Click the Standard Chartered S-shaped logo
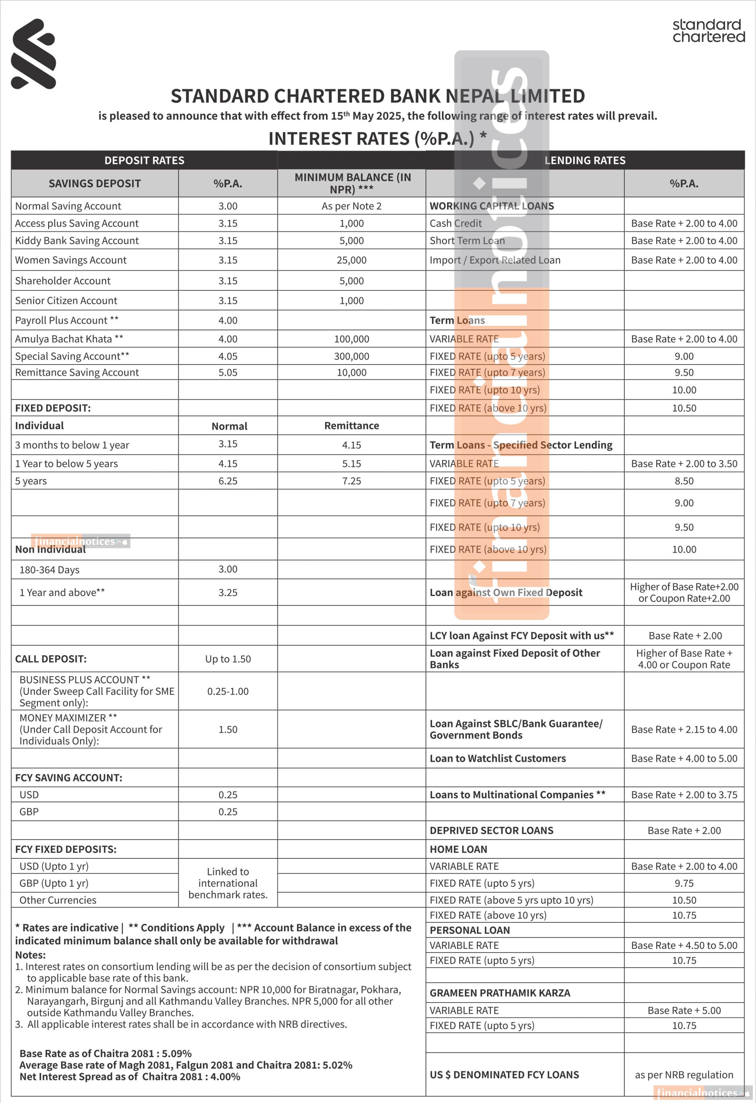click(33, 54)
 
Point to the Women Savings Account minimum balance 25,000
click(351, 260)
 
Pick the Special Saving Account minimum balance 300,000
click(351, 356)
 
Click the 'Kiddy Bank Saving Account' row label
click(77, 241)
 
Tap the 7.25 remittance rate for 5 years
click(351, 481)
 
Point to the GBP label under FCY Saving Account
click(29, 811)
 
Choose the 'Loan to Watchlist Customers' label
click(497, 758)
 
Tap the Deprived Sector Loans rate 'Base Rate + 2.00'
click(684, 830)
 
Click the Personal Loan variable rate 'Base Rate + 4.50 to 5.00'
click(684, 945)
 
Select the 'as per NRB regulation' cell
click(684, 1075)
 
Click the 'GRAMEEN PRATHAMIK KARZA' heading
click(499, 993)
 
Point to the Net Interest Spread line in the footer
click(130, 1077)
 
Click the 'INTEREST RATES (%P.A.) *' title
click(377, 138)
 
